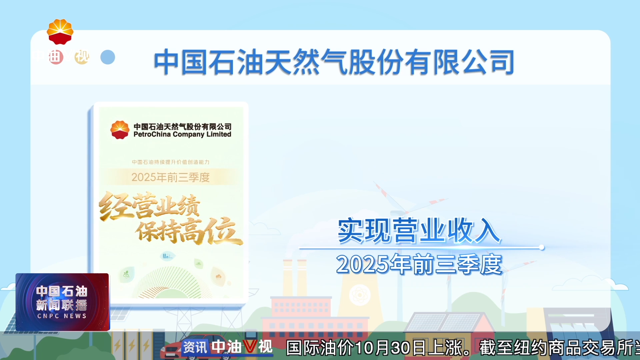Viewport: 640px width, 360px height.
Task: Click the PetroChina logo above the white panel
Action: point(60,32)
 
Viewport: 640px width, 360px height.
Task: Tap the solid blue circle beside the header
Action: point(108,57)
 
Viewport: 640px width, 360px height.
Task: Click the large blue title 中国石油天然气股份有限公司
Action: point(333,62)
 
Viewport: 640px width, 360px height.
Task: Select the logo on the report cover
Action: point(120,130)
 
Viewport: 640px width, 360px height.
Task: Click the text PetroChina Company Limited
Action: point(182,134)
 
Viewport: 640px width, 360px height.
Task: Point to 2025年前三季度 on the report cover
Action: point(170,177)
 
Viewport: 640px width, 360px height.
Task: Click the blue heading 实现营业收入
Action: point(419,231)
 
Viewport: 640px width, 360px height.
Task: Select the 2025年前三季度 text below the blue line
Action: point(419,264)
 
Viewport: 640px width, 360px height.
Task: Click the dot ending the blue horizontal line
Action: point(542,247)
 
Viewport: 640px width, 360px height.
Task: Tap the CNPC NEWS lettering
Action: point(62,316)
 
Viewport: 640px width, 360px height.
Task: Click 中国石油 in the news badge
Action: point(62,291)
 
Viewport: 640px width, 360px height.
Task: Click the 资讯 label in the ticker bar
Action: point(195,347)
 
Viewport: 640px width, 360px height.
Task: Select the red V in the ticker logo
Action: point(250,347)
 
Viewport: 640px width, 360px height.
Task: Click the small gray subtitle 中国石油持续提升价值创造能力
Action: point(170,162)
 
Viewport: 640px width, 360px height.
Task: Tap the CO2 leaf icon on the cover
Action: point(126,275)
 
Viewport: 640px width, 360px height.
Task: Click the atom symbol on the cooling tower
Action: point(359,295)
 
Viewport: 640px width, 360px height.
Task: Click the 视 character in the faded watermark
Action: point(82,57)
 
